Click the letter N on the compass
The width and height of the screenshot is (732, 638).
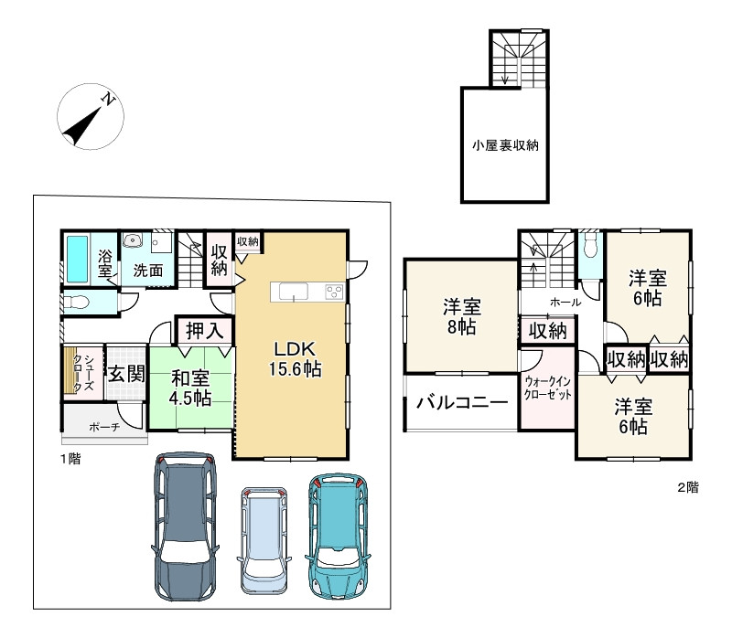pyautogui.click(x=108, y=99)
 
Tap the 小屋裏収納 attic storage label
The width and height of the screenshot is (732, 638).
pyautogui.click(x=505, y=145)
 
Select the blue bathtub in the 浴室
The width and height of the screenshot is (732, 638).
pyautogui.click(x=77, y=260)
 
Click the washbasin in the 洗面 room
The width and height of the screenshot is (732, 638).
pyautogui.click(x=133, y=240)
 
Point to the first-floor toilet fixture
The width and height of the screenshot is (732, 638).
pyautogui.click(x=76, y=303)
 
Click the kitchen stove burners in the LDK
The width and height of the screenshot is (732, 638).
pyautogui.click(x=334, y=292)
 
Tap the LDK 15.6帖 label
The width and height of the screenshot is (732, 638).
pyautogui.click(x=295, y=359)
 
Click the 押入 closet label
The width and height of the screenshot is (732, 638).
pyautogui.click(x=204, y=331)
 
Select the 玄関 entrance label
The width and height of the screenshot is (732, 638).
pyautogui.click(x=126, y=374)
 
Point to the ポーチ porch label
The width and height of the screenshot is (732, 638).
pyautogui.click(x=103, y=427)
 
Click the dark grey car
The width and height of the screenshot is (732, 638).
pyautogui.click(x=186, y=526)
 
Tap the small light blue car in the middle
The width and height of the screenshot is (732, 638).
pyautogui.click(x=264, y=540)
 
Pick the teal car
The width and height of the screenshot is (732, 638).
pyautogui.click(x=338, y=536)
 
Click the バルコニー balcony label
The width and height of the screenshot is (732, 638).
pyautogui.click(x=462, y=402)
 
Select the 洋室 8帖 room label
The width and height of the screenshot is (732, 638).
pyautogui.click(x=462, y=317)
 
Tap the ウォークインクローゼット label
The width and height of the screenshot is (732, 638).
pyautogui.click(x=547, y=388)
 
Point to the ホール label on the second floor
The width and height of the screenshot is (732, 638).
pyautogui.click(x=565, y=303)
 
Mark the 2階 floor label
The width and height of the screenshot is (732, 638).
pyautogui.click(x=689, y=487)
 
